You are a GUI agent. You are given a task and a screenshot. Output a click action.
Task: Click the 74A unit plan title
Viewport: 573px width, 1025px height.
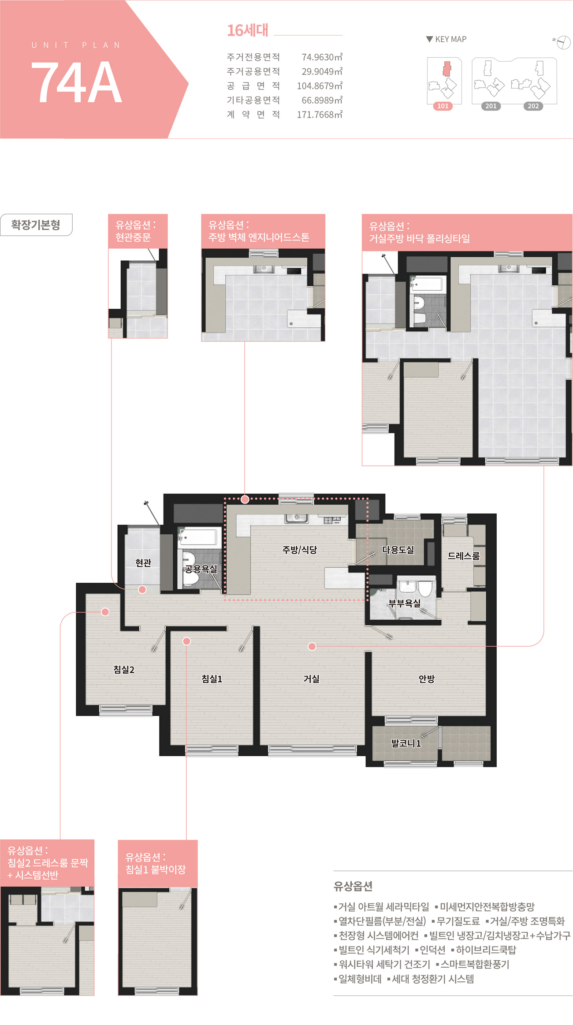click(76, 82)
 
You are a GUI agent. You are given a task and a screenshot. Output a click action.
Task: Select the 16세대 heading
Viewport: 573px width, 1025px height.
click(247, 30)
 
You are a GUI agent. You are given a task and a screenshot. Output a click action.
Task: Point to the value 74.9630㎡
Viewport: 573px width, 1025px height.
click(322, 57)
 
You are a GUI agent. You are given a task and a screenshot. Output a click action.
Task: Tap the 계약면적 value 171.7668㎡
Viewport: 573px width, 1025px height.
click(320, 115)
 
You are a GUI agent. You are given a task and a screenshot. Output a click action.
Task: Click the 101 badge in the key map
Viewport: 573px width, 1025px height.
click(443, 106)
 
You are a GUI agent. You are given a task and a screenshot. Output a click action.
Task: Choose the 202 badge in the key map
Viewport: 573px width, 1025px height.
click(533, 106)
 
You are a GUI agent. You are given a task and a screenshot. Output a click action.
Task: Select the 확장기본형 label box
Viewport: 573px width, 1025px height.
click(36, 225)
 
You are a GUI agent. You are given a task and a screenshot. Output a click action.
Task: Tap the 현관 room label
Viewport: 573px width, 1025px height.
click(143, 562)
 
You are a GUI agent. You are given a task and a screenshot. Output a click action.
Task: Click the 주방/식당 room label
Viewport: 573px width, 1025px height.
click(300, 549)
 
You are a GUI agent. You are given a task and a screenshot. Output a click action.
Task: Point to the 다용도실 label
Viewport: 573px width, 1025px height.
click(398, 549)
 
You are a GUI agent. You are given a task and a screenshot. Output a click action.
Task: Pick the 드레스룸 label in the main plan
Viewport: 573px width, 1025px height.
click(464, 556)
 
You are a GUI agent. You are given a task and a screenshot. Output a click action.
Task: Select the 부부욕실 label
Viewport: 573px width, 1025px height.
click(404, 603)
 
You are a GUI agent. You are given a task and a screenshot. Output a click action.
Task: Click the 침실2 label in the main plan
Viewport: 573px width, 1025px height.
click(124, 670)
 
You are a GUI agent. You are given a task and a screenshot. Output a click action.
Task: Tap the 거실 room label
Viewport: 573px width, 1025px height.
click(311, 679)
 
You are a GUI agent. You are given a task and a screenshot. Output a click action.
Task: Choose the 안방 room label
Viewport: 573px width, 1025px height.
click(427, 679)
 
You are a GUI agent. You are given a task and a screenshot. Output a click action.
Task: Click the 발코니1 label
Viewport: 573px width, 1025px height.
click(406, 744)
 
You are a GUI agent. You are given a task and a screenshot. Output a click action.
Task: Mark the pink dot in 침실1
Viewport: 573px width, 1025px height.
click(187, 641)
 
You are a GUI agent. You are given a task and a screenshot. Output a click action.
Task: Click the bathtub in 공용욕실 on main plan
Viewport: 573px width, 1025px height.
click(199, 537)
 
